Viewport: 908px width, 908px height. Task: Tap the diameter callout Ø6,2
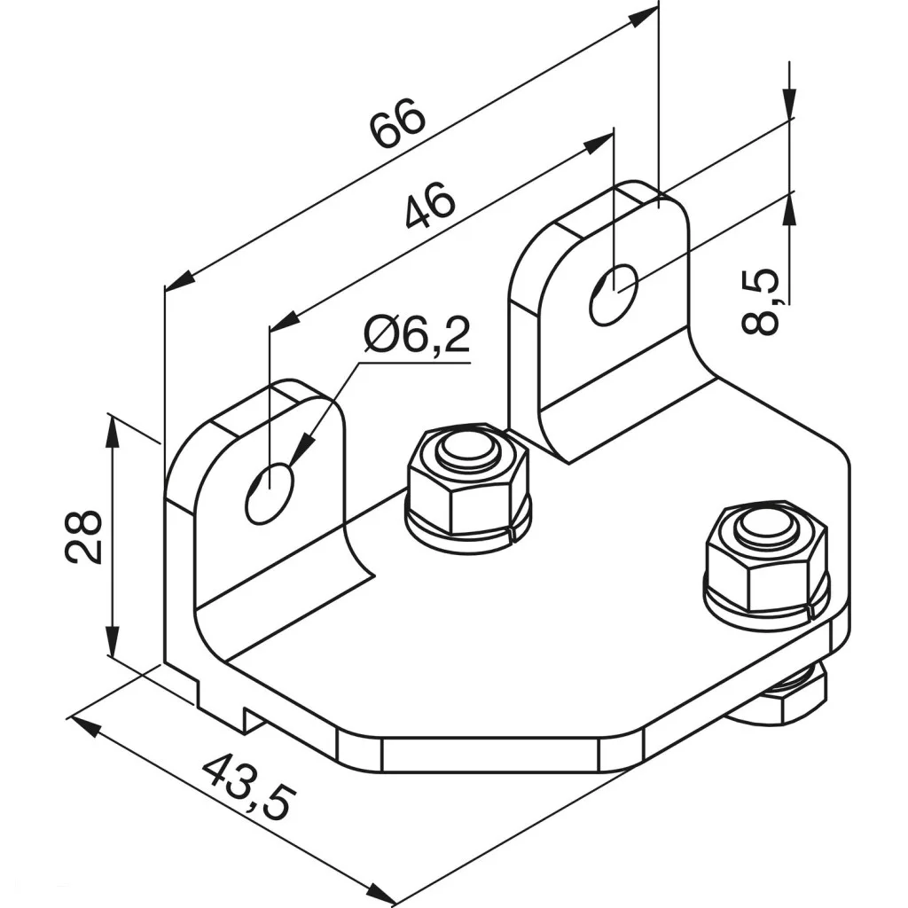[417, 337]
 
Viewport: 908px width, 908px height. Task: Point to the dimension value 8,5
[762, 301]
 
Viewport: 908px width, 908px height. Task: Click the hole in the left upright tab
[269, 492]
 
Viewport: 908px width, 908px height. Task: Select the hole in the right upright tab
[613, 293]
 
